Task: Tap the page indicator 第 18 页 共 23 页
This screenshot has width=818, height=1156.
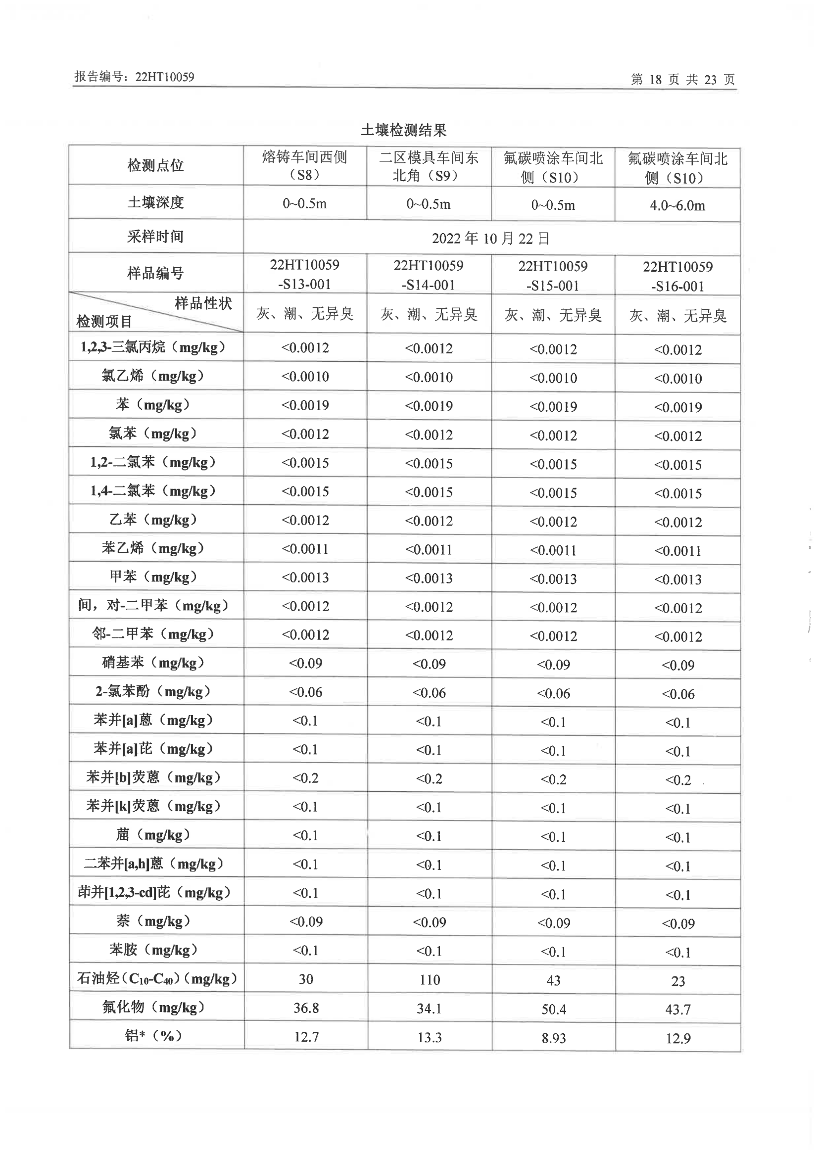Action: point(683,80)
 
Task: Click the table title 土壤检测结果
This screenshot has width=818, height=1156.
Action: point(403,131)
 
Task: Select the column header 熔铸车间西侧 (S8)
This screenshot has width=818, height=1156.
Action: point(305,166)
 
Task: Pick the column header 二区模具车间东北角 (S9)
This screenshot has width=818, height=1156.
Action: point(429,166)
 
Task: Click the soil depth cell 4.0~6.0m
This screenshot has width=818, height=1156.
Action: point(677,205)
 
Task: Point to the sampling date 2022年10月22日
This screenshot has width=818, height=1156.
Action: point(490,238)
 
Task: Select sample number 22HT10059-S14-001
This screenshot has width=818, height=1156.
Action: point(429,275)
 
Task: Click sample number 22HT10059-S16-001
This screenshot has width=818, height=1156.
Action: point(677,276)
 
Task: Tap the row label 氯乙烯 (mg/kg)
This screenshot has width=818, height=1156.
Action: point(152,376)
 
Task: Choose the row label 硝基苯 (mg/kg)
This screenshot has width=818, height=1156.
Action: point(152,663)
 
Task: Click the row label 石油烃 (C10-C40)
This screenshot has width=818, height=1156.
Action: point(157,979)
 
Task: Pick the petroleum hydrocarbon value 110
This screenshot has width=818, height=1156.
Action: point(430,980)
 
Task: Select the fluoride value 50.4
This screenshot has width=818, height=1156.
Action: point(554,1009)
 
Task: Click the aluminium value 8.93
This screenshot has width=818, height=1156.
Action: point(554,1038)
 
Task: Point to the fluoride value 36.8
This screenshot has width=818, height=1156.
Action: point(306,1008)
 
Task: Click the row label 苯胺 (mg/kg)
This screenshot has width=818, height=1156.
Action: point(152,950)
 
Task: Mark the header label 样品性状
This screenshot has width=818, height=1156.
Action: point(203,303)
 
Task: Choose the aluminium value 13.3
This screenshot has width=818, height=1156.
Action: point(430,1037)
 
